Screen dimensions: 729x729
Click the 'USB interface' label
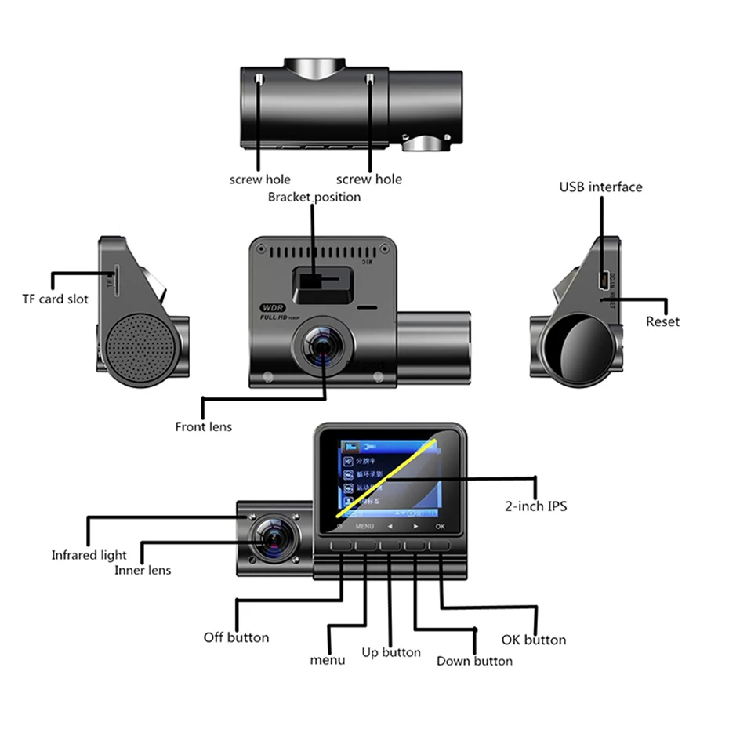point(600,187)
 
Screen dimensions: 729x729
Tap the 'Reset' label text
point(662,321)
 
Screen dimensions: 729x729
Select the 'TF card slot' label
point(55,299)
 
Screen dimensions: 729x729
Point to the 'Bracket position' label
point(314,197)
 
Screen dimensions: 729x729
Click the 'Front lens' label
point(203,426)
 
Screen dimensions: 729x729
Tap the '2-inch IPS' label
point(535,506)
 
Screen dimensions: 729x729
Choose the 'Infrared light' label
point(89,555)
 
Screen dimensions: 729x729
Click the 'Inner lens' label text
point(143,570)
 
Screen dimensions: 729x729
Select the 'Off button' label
point(236,637)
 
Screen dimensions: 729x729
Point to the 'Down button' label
point(474,661)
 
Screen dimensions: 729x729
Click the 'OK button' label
point(533,640)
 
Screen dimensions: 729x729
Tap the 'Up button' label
point(390,652)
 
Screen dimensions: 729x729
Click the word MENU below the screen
point(364,526)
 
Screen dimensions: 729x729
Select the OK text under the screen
point(440,526)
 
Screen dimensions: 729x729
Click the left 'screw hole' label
point(259,180)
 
